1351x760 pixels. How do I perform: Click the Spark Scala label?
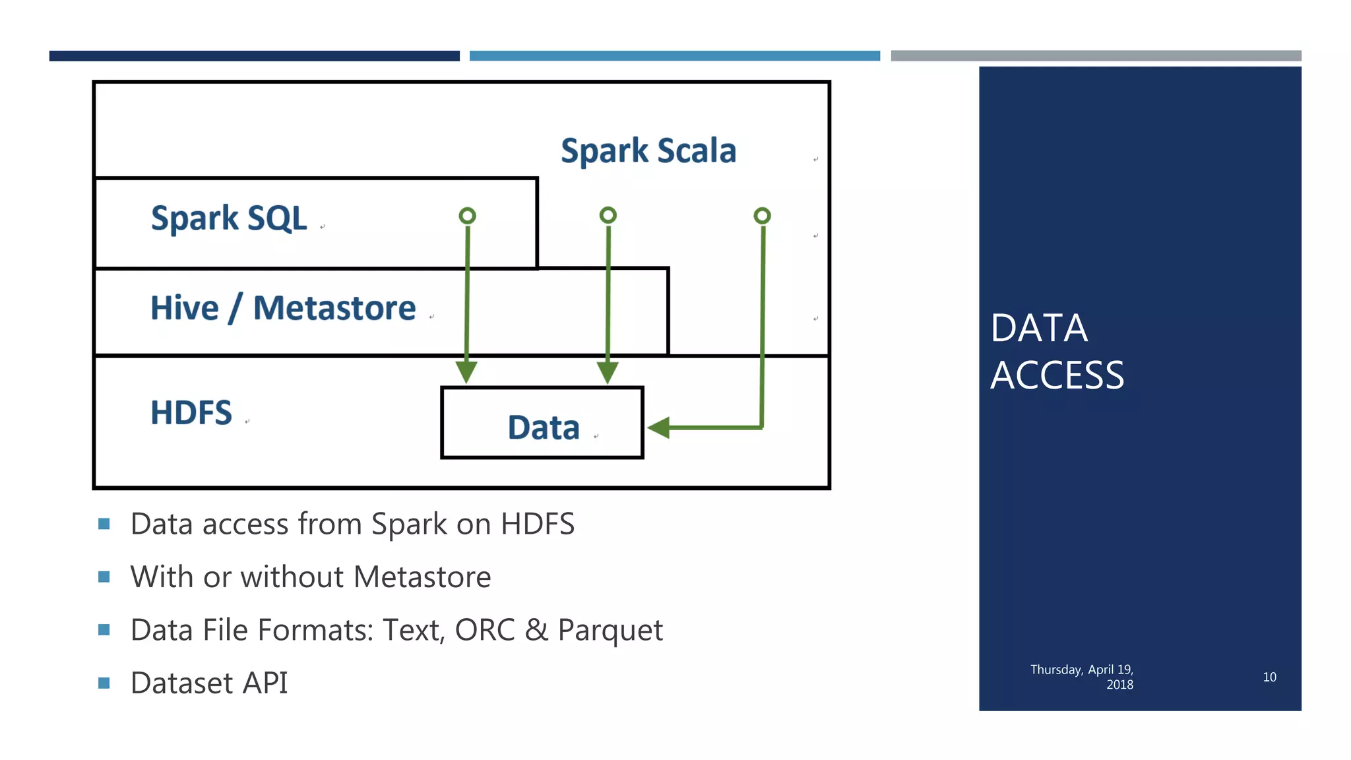pos(648,151)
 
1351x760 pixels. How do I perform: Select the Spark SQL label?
pos(229,218)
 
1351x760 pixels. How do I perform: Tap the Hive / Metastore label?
pos(283,308)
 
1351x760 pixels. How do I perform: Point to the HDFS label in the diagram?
pos(191,413)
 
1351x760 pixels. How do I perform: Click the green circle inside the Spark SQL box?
pos(467,216)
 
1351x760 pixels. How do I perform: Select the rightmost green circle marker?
pos(762,216)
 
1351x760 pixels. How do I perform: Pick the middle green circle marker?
pos(608,215)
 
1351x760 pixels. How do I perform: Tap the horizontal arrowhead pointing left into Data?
pos(659,427)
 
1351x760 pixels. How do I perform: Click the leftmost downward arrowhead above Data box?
pos(466,371)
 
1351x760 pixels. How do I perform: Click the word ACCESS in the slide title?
pos(1057,375)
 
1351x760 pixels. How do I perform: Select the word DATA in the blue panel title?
pos(1039,328)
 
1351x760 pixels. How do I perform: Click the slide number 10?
pos(1269,677)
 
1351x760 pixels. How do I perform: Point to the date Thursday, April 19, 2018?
pos(1082,677)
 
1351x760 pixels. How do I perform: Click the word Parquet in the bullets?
pos(610,630)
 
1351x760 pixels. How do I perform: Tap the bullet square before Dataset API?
pos(104,683)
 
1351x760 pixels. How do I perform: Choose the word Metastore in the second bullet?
pos(422,577)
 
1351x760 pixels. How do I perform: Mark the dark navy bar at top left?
pos(254,56)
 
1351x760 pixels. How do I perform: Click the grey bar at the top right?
pos(1096,56)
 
